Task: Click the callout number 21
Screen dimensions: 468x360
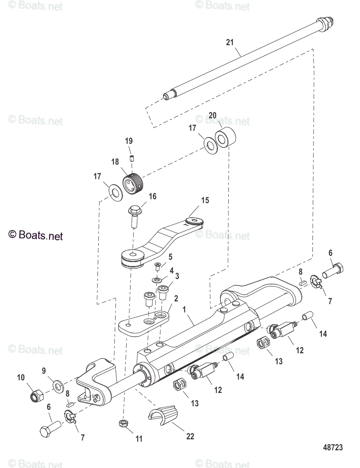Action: (230, 42)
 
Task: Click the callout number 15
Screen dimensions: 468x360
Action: (205, 201)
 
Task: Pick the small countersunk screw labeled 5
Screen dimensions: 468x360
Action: (158, 266)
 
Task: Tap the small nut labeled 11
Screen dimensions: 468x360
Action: (123, 422)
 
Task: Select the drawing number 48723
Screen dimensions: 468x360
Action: (333, 447)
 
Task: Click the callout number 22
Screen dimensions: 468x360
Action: (190, 436)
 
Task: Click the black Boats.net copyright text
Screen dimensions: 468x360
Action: (36, 235)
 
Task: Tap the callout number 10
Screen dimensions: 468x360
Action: (21, 378)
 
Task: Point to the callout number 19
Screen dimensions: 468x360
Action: (129, 141)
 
